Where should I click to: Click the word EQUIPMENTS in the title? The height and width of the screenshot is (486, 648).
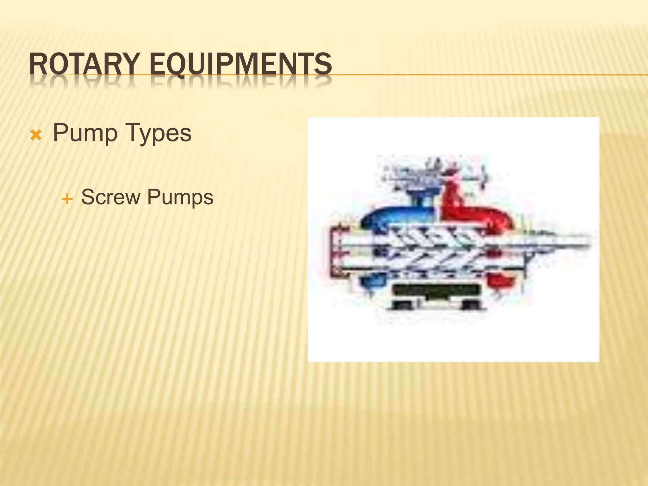[x=240, y=64]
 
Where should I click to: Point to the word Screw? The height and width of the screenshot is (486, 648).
[x=110, y=197]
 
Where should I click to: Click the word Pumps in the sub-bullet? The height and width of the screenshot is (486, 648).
[x=180, y=197]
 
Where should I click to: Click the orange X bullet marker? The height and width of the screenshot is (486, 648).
[x=36, y=136]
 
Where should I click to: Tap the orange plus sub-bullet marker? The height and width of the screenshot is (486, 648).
[x=67, y=199]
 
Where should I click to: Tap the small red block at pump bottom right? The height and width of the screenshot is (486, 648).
[x=500, y=280]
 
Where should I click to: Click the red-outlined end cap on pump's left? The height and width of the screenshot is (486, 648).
[x=335, y=250]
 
